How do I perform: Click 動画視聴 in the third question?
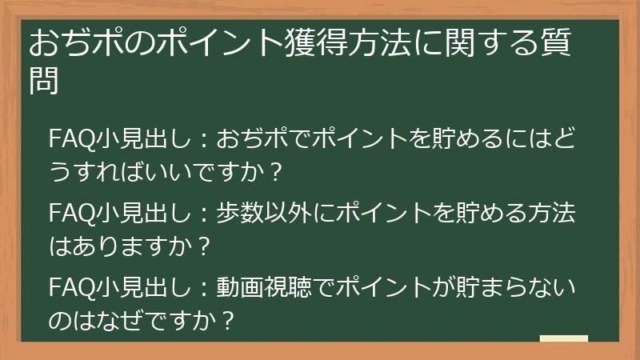(x=266, y=285)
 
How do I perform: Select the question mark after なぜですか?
(x=227, y=321)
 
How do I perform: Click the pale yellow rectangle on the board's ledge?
(x=563, y=340)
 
